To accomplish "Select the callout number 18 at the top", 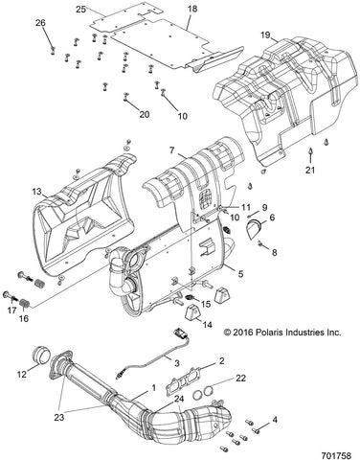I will coord(191,9).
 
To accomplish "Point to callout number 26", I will coord(39,22).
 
